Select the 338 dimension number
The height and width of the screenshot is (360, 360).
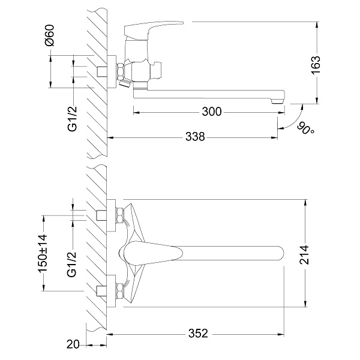tap(194, 137)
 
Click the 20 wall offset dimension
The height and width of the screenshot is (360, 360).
tap(73, 345)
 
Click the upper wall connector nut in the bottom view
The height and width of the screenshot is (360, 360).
tap(120, 214)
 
